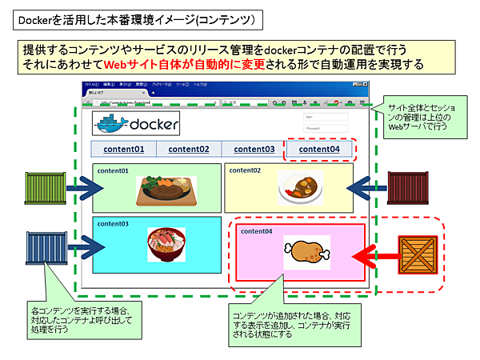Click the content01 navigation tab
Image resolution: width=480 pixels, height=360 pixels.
pos(123,149)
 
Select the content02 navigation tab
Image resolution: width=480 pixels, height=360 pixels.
pos(189,149)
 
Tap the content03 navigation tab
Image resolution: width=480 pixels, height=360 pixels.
pos(254,149)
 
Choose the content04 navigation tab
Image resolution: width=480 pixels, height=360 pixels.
pos(319,149)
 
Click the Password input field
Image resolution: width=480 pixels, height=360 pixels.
pos(325,128)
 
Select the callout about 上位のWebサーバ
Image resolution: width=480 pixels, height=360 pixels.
pos(425,119)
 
